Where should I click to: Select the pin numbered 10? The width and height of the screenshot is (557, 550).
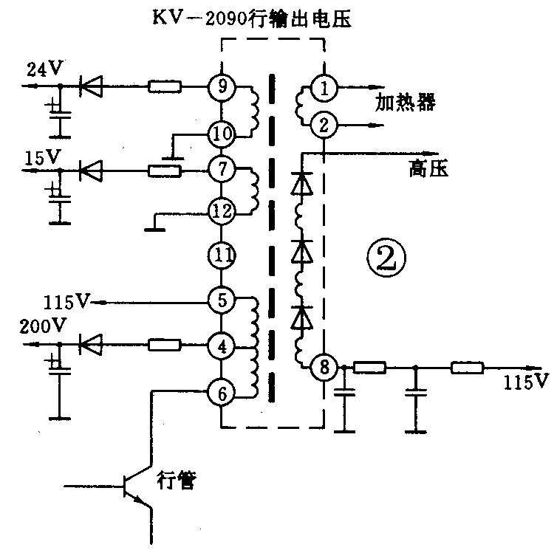pos(221,134)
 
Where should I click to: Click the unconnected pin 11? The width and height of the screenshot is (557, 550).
pos(221,256)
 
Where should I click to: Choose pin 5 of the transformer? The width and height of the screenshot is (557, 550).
pos(221,300)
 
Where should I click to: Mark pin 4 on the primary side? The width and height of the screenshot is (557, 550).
pos(221,344)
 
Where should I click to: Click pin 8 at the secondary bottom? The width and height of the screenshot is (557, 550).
pos(323,366)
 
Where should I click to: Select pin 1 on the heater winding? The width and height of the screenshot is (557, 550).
pos(324,88)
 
